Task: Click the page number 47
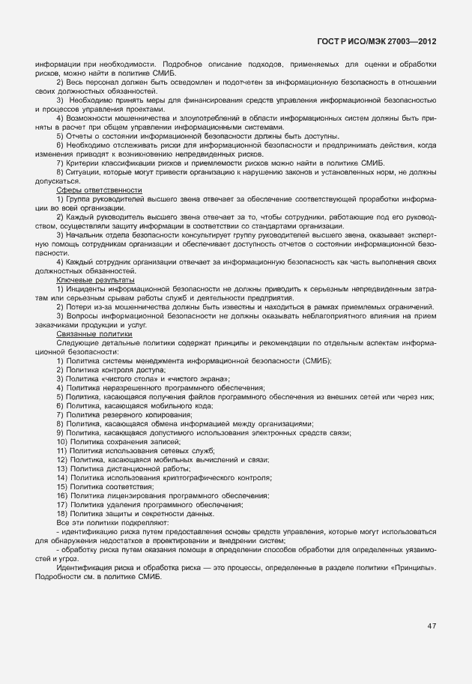pyautogui.click(x=431, y=626)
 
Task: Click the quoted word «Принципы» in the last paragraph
pyautogui.click(x=415, y=568)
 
